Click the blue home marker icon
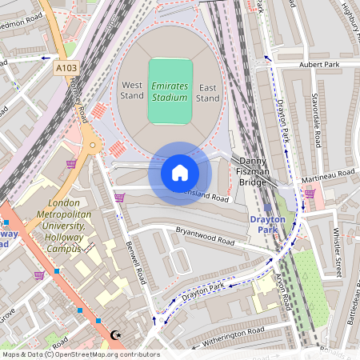pyautogui.click(x=180, y=173)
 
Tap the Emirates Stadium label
pyautogui.click(x=170, y=90)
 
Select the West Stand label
pyautogui.click(x=132, y=91)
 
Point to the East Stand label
pyautogui.click(x=207, y=92)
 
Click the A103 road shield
pyautogui.click(x=66, y=70)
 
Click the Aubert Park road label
pyautogui.click(x=319, y=64)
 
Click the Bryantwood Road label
pyautogui.click(x=205, y=237)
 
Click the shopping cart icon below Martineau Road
pyautogui.click(x=309, y=193)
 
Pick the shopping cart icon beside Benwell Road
pyautogui.click(x=119, y=198)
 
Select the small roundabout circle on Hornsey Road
pyautogui.click(x=93, y=146)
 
